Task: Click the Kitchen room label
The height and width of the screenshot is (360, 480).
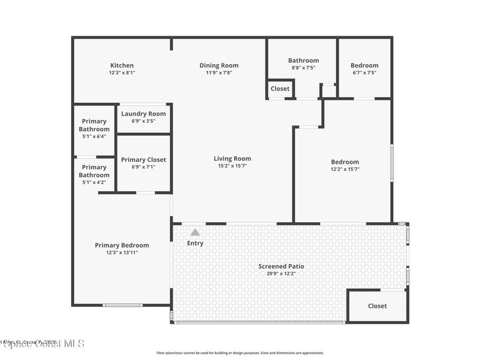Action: pyautogui.click(x=122, y=66)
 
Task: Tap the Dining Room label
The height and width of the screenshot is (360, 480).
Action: pyautogui.click(x=219, y=66)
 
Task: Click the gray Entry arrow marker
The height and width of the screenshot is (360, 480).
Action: pyautogui.click(x=195, y=232)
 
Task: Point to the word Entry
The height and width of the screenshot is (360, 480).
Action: pyautogui.click(x=195, y=243)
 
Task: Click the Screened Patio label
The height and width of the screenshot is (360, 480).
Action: pyautogui.click(x=281, y=266)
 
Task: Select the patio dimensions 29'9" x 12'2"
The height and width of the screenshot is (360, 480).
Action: pyautogui.click(x=281, y=274)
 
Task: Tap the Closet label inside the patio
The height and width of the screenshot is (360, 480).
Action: pyautogui.click(x=377, y=306)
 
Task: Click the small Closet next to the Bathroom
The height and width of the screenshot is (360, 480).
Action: pyautogui.click(x=280, y=89)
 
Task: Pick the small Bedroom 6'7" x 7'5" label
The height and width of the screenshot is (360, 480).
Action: pyautogui.click(x=364, y=68)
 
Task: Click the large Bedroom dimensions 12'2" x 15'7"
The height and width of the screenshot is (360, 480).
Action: pyautogui.click(x=345, y=169)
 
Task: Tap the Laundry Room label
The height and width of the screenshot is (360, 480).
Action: pyautogui.click(x=143, y=114)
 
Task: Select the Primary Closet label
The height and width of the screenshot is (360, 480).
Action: pyautogui.click(x=143, y=160)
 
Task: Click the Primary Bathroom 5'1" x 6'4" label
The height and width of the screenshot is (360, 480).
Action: pyautogui.click(x=94, y=128)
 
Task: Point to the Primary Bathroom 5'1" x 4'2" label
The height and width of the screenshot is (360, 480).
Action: pyautogui.click(x=94, y=174)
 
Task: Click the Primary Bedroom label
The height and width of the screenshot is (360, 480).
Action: pyautogui.click(x=122, y=245)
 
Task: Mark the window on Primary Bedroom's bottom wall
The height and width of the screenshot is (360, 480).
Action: pyautogui.click(x=122, y=305)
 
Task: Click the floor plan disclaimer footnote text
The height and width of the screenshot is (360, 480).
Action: pyautogui.click(x=240, y=353)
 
